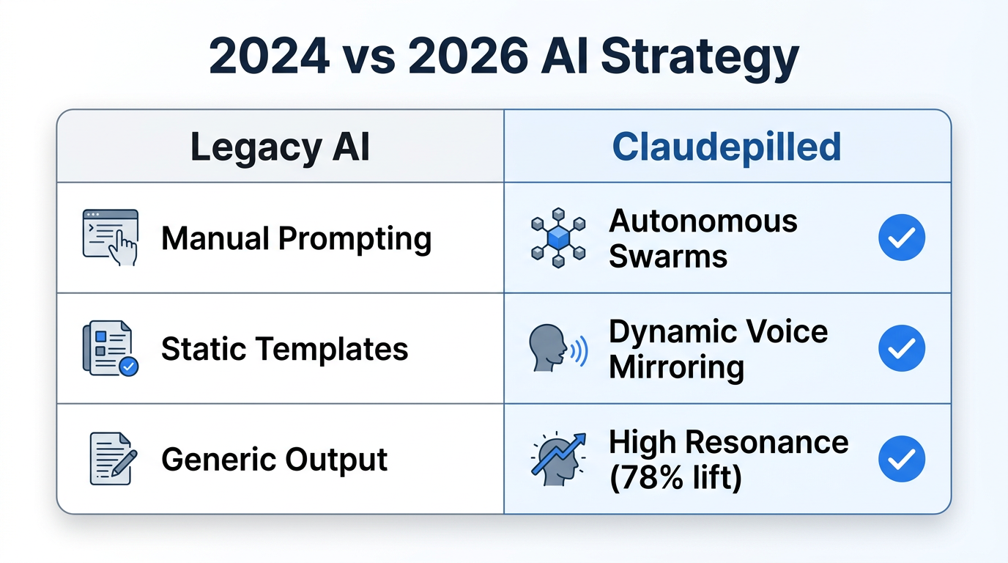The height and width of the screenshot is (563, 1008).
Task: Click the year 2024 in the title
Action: (269, 58)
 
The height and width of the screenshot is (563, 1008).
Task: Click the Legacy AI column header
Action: (280, 147)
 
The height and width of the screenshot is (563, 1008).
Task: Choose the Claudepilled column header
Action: (726, 147)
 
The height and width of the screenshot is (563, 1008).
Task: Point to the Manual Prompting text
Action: (296, 238)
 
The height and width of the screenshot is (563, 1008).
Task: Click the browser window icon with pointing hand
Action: (110, 237)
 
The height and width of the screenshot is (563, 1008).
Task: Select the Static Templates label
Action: (284, 349)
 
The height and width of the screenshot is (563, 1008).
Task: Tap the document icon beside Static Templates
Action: (110, 348)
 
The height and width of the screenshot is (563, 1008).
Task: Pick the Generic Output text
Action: (274, 460)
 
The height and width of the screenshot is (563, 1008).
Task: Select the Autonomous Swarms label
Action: (703, 238)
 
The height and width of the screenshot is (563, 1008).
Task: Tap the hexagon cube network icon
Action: (558, 237)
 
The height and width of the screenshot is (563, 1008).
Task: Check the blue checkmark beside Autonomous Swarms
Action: (901, 238)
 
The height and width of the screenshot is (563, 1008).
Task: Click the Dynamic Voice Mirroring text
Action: (718, 349)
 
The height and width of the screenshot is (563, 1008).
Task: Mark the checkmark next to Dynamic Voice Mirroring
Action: (901, 348)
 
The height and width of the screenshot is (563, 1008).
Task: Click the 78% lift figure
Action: (675, 478)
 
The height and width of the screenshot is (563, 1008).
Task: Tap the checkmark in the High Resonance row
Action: (901, 459)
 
